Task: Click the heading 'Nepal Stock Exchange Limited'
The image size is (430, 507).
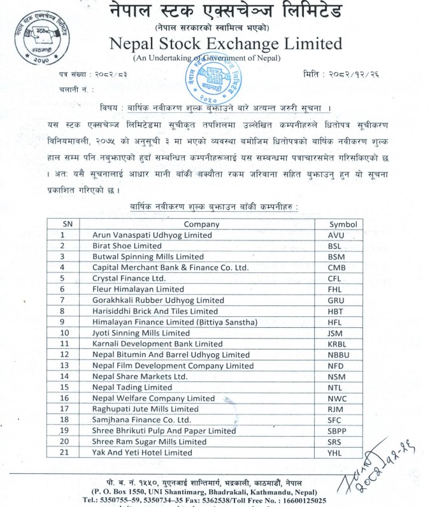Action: pos(226,43)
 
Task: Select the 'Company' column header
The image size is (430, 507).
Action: pos(201,224)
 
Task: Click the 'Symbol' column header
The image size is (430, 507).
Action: pos(342,224)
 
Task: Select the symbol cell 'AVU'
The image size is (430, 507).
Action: pos(336,235)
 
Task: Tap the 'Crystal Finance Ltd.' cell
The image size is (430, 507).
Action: pos(129,278)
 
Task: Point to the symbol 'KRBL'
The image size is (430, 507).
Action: pos(337,343)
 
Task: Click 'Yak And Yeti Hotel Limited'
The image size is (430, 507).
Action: pos(142,452)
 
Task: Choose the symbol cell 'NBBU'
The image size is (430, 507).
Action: pos(338,355)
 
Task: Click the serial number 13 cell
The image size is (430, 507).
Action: pos(64,365)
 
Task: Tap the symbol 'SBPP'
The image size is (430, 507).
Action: pos(337,430)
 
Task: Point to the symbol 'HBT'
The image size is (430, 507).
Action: pos(336,311)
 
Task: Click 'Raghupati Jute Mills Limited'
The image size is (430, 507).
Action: pos(145,409)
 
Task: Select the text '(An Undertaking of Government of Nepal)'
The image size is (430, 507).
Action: pos(206,58)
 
